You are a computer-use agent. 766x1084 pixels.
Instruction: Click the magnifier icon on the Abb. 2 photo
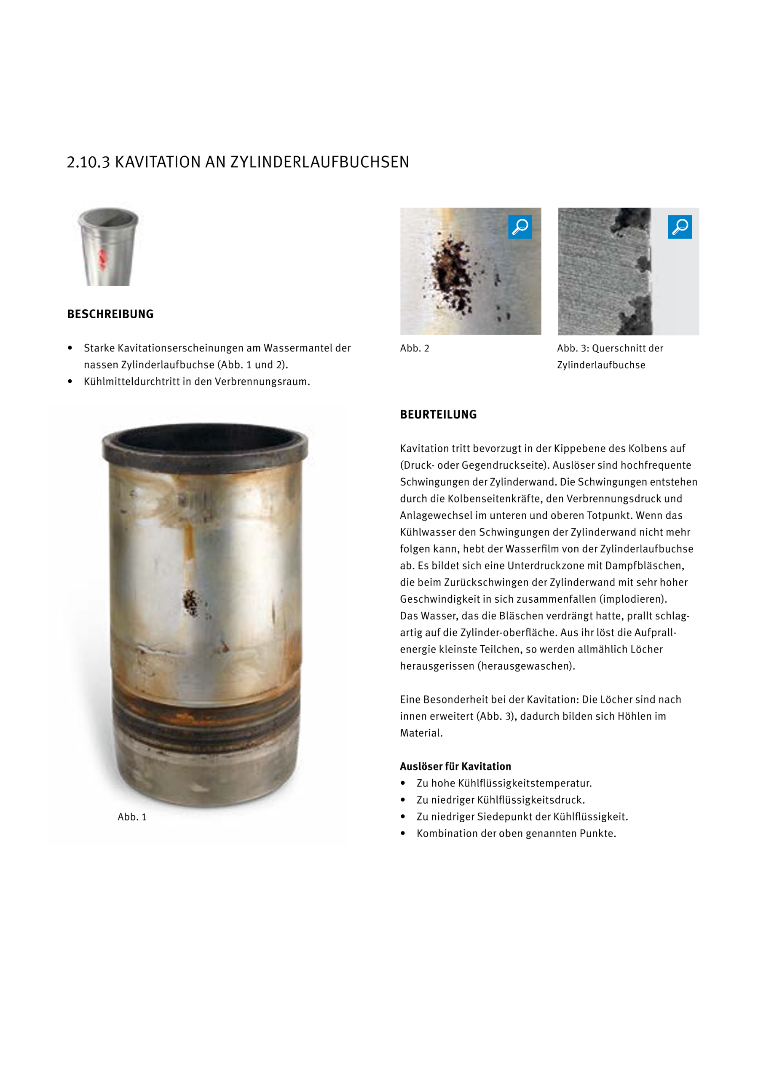click(x=520, y=227)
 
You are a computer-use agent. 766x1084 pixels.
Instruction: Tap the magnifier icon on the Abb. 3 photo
click(x=679, y=227)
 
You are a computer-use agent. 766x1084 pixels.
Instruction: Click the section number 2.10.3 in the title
click(x=88, y=162)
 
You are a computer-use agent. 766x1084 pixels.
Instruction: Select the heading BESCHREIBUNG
click(x=110, y=314)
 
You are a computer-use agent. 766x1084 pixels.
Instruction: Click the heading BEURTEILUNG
click(x=438, y=415)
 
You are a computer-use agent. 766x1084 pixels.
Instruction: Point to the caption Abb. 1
click(x=132, y=817)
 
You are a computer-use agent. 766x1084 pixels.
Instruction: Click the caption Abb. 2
click(x=414, y=349)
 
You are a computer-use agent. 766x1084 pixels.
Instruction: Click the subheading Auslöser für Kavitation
click(x=455, y=766)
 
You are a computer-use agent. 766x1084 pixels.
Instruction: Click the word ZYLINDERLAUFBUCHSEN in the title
click(x=319, y=162)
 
